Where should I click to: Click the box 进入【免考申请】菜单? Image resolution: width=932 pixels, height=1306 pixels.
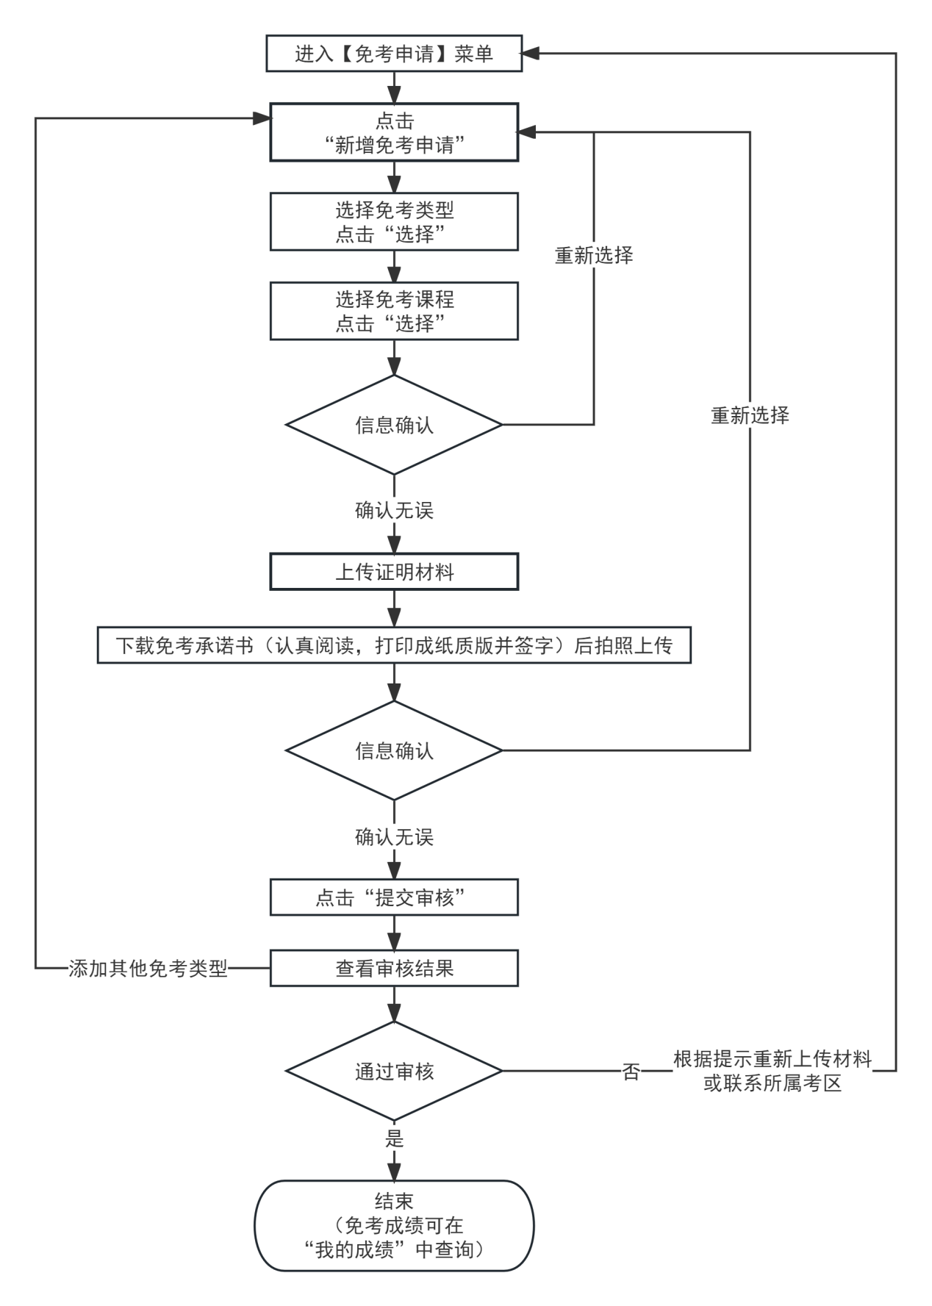coord(394,54)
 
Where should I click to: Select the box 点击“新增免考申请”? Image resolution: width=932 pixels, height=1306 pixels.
coord(394,132)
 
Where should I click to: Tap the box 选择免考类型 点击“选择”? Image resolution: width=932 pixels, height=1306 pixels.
coord(394,221)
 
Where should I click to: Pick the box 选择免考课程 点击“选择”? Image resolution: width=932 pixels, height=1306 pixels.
coord(394,311)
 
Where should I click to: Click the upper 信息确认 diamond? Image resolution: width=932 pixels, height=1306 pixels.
coord(394,425)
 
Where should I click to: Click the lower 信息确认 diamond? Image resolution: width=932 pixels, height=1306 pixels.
coord(394,750)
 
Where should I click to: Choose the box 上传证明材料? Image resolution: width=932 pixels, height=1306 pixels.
coord(394,572)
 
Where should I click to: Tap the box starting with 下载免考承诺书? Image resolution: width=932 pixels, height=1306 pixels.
coord(394,645)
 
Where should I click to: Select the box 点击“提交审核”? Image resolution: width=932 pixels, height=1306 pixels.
coord(394,897)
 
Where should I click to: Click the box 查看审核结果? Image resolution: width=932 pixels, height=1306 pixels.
coord(394,968)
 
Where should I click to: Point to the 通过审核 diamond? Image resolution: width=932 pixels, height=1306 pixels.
coord(394,1072)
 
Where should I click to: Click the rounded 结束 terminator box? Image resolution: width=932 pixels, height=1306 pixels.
coord(394,1225)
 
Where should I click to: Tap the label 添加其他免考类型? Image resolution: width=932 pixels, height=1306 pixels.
coord(148,968)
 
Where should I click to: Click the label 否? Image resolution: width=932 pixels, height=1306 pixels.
coord(631,1072)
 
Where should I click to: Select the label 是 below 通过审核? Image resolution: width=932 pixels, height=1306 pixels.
coord(394,1138)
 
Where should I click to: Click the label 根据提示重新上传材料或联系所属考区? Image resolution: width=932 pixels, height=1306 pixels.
coord(773,1072)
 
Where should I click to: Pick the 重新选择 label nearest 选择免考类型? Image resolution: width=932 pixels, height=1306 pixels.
coord(594,255)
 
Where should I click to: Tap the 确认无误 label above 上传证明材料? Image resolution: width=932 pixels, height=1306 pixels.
coord(394,510)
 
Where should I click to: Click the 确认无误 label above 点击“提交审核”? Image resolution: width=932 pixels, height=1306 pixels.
coord(394,836)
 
